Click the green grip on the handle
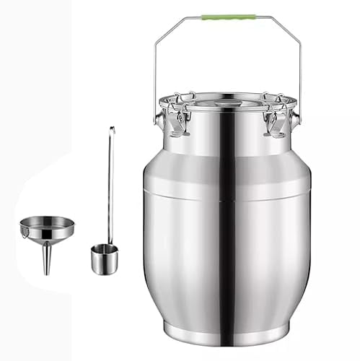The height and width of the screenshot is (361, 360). pyautogui.click(x=228, y=16)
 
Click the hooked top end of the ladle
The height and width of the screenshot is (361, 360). pyautogui.click(x=111, y=130)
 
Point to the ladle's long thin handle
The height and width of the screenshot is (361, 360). pyautogui.click(x=110, y=188)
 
